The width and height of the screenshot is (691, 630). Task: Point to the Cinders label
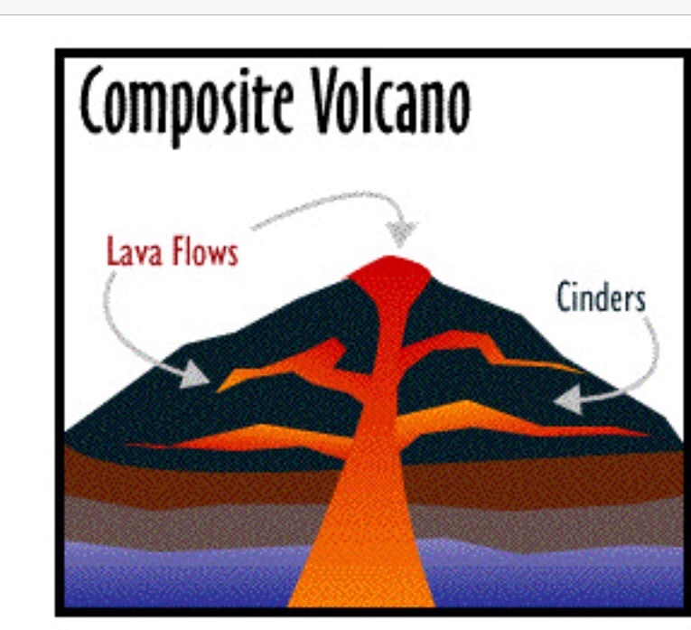(601, 296)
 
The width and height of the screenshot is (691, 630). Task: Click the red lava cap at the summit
(388, 269)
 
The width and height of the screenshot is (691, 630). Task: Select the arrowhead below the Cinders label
(568, 398)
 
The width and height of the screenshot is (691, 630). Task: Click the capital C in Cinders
(565, 296)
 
